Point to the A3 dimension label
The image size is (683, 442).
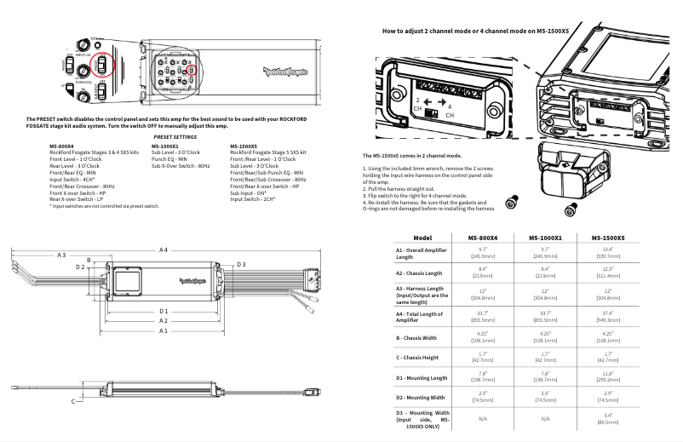point(61,255)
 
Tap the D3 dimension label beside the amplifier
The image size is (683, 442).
point(242,265)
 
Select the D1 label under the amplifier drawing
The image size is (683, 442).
point(163,312)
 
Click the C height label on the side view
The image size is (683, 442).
point(73,399)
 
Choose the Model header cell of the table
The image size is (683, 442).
point(422,237)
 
